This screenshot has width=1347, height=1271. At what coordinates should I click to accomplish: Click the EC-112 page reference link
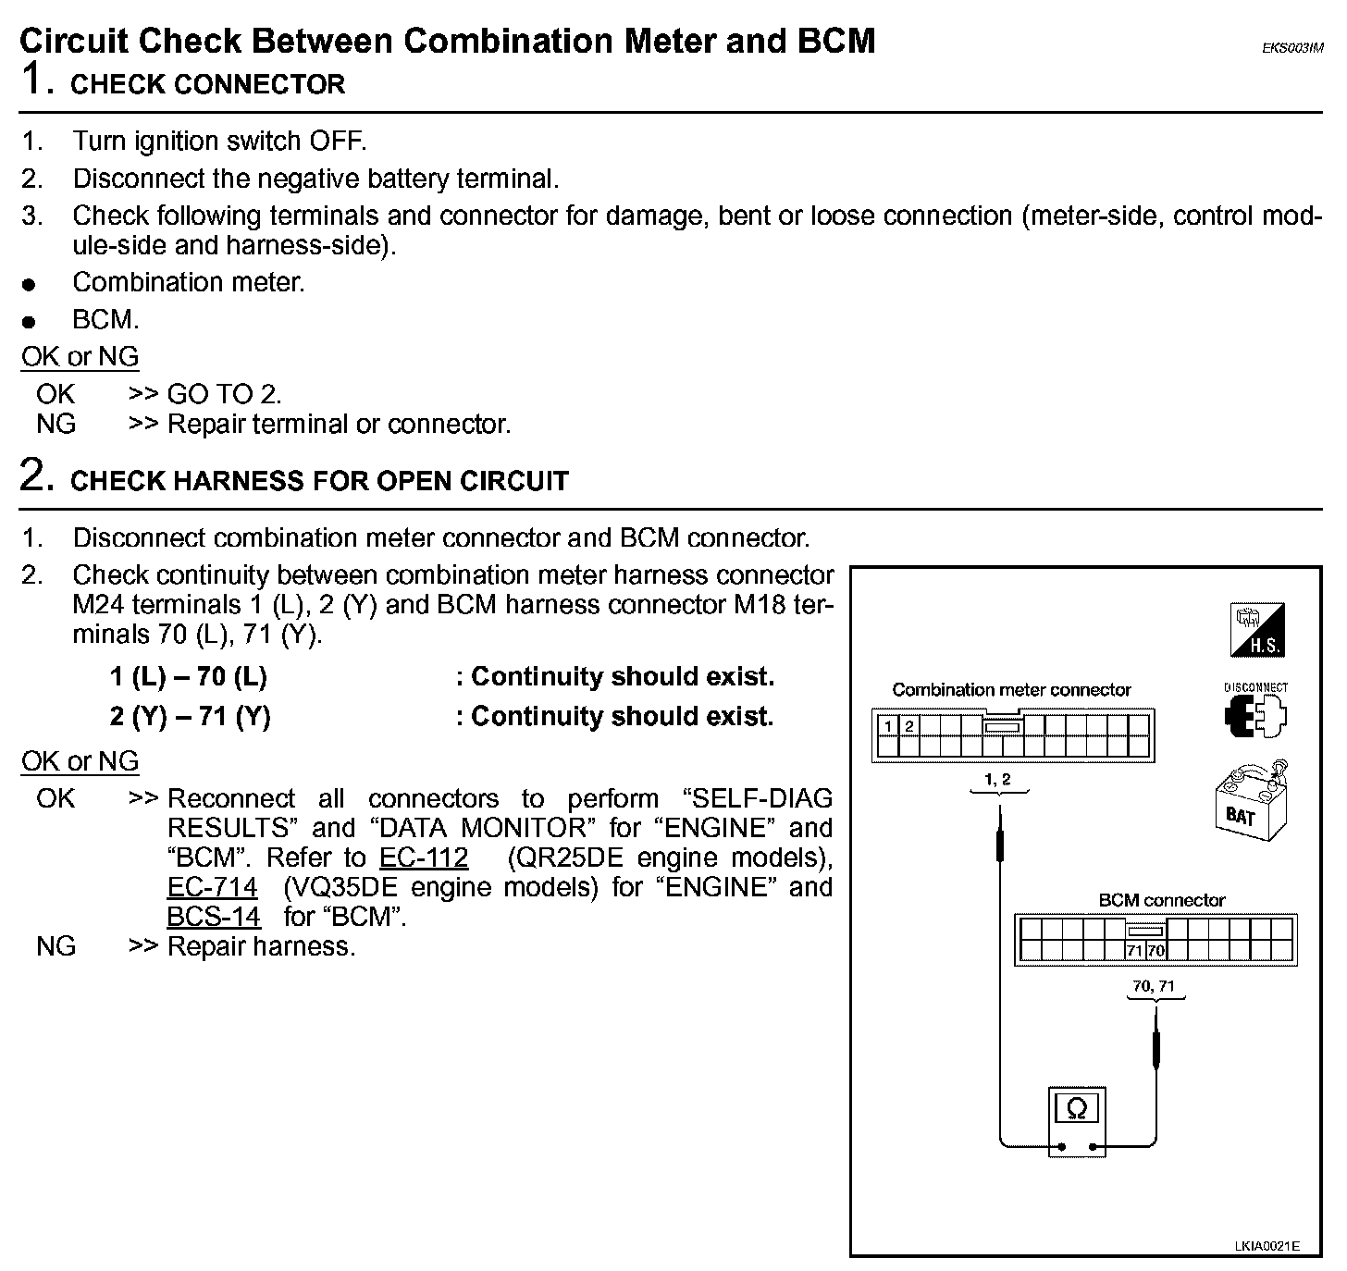(x=424, y=858)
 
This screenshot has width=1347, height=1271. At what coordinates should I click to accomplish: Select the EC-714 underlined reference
(x=212, y=887)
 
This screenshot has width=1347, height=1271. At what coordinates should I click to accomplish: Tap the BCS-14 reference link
(x=214, y=917)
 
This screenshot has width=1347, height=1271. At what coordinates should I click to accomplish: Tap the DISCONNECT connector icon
(x=1255, y=713)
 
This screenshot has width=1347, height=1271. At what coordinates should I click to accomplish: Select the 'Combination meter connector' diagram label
(x=1011, y=690)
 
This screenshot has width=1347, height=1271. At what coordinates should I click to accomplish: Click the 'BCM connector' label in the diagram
(x=1161, y=900)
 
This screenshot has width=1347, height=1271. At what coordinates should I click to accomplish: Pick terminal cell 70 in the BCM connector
(x=1155, y=950)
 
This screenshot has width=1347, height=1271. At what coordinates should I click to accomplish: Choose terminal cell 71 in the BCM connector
(x=1135, y=950)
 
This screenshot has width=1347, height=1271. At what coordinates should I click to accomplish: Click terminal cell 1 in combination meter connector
(x=888, y=726)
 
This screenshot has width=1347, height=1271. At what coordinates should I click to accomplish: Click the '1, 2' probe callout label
(x=998, y=780)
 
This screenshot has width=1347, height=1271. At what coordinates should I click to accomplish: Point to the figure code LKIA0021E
(x=1266, y=1246)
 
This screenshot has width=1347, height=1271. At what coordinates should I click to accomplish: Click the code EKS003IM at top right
(x=1291, y=49)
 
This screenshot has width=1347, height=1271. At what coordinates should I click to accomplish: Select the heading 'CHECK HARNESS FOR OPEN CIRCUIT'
(x=319, y=481)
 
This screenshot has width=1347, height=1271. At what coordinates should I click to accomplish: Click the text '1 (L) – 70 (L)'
(x=189, y=677)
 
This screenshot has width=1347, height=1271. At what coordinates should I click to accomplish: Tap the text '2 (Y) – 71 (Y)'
(x=191, y=717)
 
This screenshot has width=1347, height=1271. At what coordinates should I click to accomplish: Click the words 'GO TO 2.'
(x=224, y=394)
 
